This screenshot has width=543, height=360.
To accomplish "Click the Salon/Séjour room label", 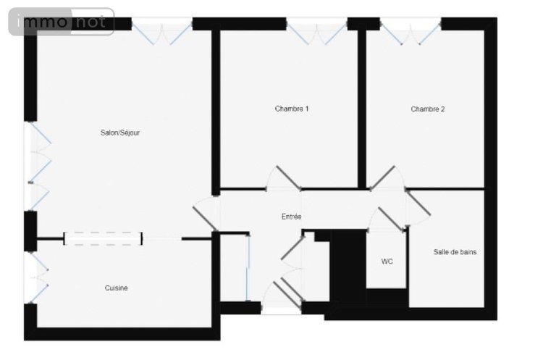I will [x=120, y=133].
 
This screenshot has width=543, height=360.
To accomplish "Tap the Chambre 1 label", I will [x=292, y=109].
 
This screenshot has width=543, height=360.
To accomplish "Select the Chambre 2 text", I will [x=428, y=109].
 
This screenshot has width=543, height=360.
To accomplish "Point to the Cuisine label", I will [x=116, y=288].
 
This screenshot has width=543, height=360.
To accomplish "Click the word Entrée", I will [x=292, y=217].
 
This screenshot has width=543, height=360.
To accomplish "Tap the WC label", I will [x=387, y=261].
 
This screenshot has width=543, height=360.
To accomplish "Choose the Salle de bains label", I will [x=455, y=252].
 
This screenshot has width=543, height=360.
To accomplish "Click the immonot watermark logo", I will [x=61, y=22].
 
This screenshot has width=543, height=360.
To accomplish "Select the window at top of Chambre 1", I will [x=316, y=30].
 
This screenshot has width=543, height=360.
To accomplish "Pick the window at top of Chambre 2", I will [x=411, y=30].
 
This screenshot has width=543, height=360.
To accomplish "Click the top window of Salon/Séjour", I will [x=161, y=30].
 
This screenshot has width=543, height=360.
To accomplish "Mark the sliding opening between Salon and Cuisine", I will [x=103, y=238].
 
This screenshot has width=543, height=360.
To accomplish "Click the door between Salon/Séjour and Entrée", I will [x=206, y=214].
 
